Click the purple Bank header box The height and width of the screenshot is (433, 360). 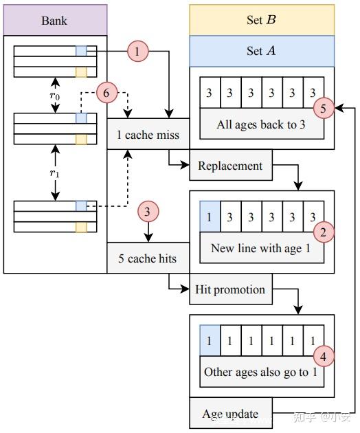(55, 20)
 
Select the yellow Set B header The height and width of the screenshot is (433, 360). (262, 20)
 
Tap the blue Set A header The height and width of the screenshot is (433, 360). (262, 52)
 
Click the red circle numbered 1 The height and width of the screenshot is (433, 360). (137, 51)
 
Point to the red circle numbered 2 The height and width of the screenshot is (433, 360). (323, 232)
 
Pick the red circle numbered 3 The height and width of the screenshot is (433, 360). (148, 212)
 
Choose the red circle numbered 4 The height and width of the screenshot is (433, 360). (323, 355)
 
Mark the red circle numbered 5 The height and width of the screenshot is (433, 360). (323, 108)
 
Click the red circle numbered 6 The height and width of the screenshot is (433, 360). (107, 91)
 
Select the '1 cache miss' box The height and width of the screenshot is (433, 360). (148, 134)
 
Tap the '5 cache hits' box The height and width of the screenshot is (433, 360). (148, 258)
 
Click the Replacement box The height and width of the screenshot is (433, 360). (230, 166)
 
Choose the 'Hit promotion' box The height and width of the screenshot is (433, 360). (230, 289)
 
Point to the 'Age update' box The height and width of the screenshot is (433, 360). (230, 414)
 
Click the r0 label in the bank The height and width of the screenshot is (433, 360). (55, 96)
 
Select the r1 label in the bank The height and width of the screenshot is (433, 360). (55, 173)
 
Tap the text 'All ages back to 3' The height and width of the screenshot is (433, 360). (262, 125)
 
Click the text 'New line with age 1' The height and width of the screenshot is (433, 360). (262, 249)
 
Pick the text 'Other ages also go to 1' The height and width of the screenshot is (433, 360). (262, 373)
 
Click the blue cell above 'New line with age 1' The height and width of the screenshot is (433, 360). (209, 217)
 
